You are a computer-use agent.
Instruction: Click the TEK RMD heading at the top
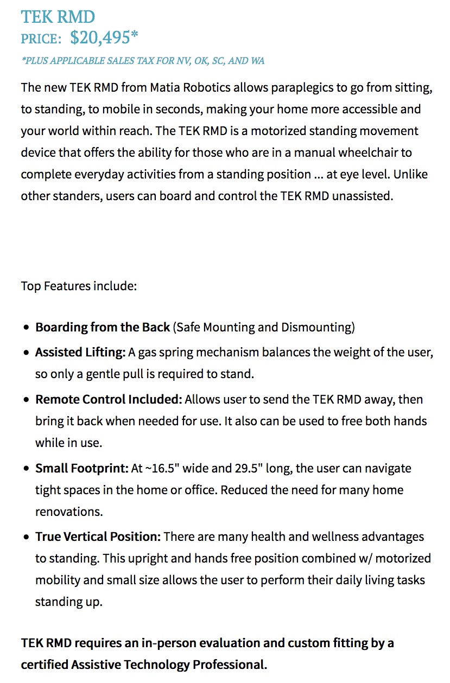pyautogui.click(x=58, y=17)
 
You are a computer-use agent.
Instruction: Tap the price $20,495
pyautogui.click(x=104, y=37)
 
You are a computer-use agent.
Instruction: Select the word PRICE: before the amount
pyautogui.click(x=41, y=39)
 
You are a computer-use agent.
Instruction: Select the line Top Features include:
pyautogui.click(x=79, y=286)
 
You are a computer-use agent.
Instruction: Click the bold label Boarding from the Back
pyautogui.click(x=102, y=327)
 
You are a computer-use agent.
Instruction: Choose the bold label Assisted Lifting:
pyautogui.click(x=80, y=352)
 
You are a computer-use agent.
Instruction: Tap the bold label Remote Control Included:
pyautogui.click(x=109, y=399)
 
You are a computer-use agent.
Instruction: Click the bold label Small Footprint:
pyautogui.click(x=82, y=468)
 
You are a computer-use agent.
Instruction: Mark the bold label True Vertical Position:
pyautogui.click(x=98, y=537)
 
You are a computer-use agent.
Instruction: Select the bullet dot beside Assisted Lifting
pyautogui.click(x=27, y=353)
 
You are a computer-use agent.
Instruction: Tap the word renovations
pyautogui.click(x=69, y=512)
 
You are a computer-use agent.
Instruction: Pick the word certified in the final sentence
pyautogui.click(x=45, y=665)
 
